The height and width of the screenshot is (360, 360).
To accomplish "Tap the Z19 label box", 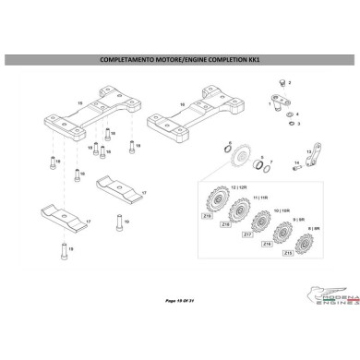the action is pyautogui.click(x=207, y=215).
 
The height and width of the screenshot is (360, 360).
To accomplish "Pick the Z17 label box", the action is pyautogui.click(x=246, y=234).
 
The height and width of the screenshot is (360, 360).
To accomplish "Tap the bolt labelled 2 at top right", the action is pyautogui.click(x=282, y=84).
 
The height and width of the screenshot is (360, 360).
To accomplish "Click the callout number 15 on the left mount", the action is pyautogui.click(x=80, y=103).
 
